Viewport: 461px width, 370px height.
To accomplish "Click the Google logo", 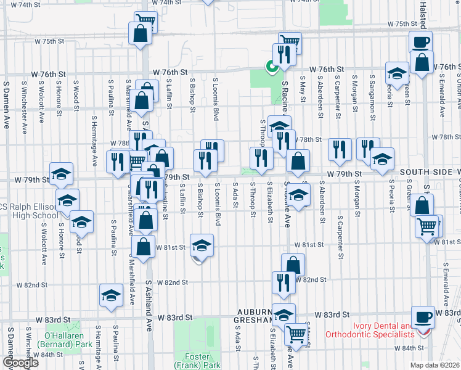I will click(x=20, y=363).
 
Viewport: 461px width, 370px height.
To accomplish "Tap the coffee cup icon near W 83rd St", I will click(x=422, y=316).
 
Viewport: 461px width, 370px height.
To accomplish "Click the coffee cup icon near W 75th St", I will click(x=422, y=42).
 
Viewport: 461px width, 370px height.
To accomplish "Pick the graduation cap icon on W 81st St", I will click(x=202, y=245).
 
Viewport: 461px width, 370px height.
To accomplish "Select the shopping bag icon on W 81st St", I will click(x=143, y=247).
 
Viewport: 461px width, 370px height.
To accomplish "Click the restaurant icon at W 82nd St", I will click(x=284, y=282).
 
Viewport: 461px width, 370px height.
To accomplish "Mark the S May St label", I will click(x=302, y=89).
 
